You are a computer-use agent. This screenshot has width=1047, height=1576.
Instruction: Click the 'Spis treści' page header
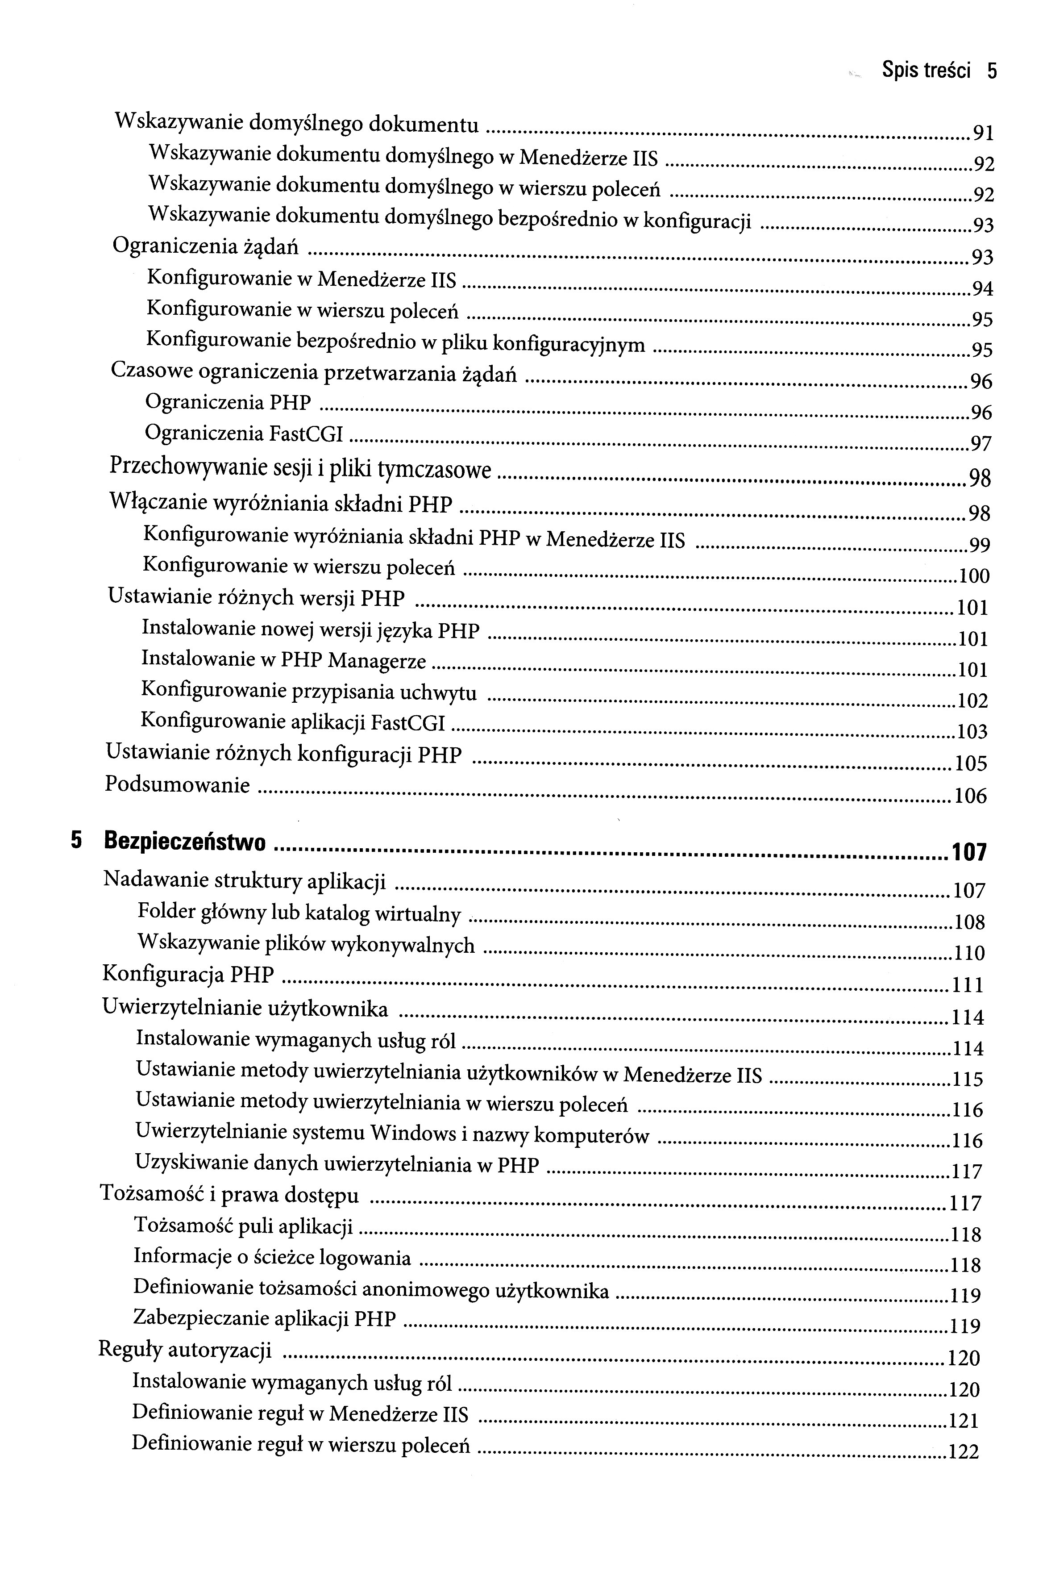[926, 70]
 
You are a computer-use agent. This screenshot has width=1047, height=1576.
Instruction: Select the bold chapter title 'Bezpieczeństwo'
[185, 842]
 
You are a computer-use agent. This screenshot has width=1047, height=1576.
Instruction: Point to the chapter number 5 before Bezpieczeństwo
[76, 841]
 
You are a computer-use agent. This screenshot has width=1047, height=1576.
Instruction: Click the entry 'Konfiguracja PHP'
[188, 974]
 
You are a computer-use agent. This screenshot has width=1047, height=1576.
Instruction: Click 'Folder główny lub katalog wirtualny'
[299, 913]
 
